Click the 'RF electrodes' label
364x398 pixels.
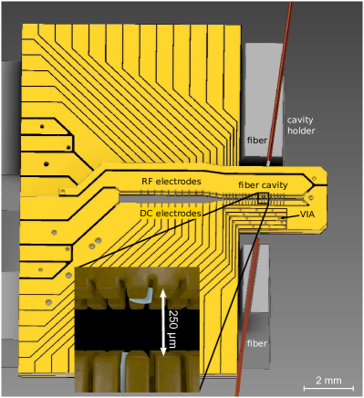(x=172, y=182)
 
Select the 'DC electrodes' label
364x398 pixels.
(x=171, y=214)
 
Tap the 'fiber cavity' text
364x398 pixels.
(x=263, y=185)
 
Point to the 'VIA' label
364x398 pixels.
(x=307, y=215)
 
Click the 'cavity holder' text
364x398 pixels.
(x=301, y=125)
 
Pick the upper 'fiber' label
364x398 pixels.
(x=257, y=141)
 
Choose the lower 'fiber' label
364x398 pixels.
(x=257, y=343)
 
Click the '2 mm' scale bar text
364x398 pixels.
(x=328, y=381)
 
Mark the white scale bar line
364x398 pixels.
(x=328, y=388)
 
